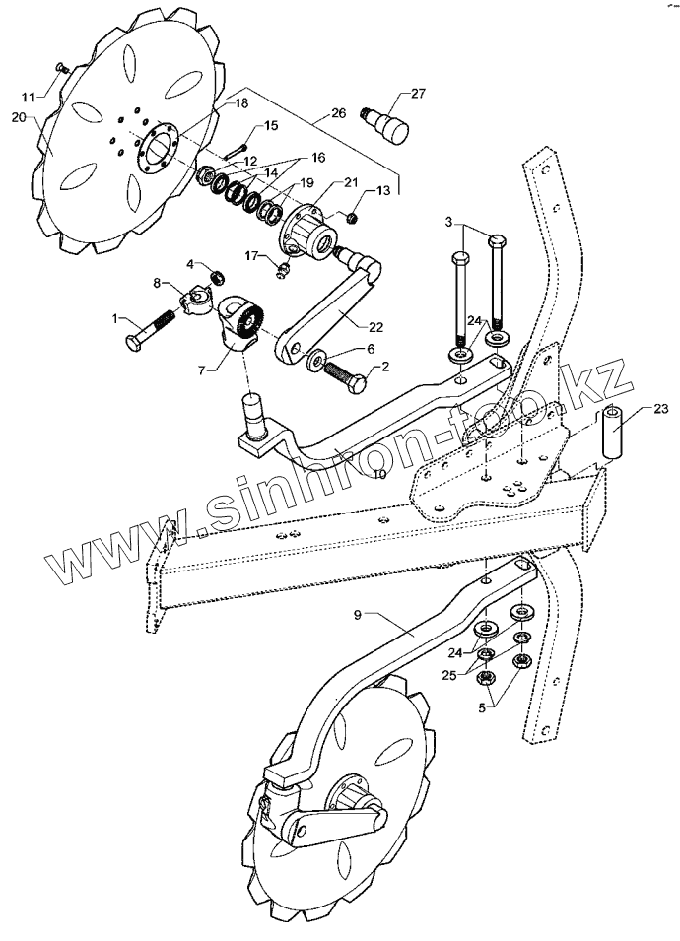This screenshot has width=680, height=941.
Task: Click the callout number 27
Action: [x=418, y=94]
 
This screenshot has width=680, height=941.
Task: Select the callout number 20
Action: [x=18, y=115]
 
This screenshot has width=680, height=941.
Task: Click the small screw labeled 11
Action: [x=59, y=67]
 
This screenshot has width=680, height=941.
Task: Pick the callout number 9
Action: [x=363, y=614]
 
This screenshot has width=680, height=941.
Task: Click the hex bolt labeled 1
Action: [x=150, y=330]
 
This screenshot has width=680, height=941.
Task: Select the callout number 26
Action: [x=338, y=113]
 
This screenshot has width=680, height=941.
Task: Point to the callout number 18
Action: [x=240, y=102]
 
